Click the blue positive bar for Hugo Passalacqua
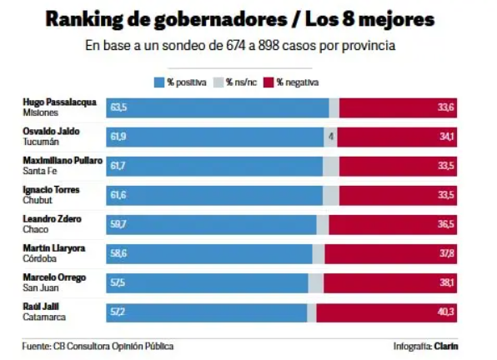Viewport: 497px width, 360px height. click(x=218, y=108)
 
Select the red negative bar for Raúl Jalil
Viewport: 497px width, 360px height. click(x=387, y=312)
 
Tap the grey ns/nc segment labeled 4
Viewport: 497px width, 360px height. click(x=330, y=137)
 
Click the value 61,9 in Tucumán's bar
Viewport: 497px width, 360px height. click(x=118, y=137)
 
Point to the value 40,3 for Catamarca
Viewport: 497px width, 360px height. click(x=445, y=312)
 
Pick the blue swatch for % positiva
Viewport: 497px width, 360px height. click(x=159, y=82)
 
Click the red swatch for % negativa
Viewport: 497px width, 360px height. click(x=269, y=82)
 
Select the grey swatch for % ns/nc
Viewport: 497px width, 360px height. click(x=218, y=82)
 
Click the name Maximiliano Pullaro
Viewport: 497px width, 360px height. click(x=63, y=161)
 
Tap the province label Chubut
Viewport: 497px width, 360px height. click(x=38, y=200)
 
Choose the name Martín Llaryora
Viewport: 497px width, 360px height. click(x=54, y=248)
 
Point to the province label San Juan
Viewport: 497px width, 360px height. click(x=41, y=287)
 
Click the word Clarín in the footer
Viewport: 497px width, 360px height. click(x=446, y=346)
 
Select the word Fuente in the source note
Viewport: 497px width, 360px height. click(x=36, y=346)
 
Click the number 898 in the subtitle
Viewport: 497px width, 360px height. click(x=269, y=46)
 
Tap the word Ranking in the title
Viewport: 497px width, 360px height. click(x=84, y=20)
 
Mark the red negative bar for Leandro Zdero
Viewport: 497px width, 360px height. click(x=393, y=225)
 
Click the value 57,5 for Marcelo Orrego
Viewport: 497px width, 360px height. click(x=118, y=282)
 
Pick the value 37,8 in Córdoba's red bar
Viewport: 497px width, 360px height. click(x=446, y=253)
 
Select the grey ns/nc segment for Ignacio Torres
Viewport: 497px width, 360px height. click(x=331, y=196)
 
